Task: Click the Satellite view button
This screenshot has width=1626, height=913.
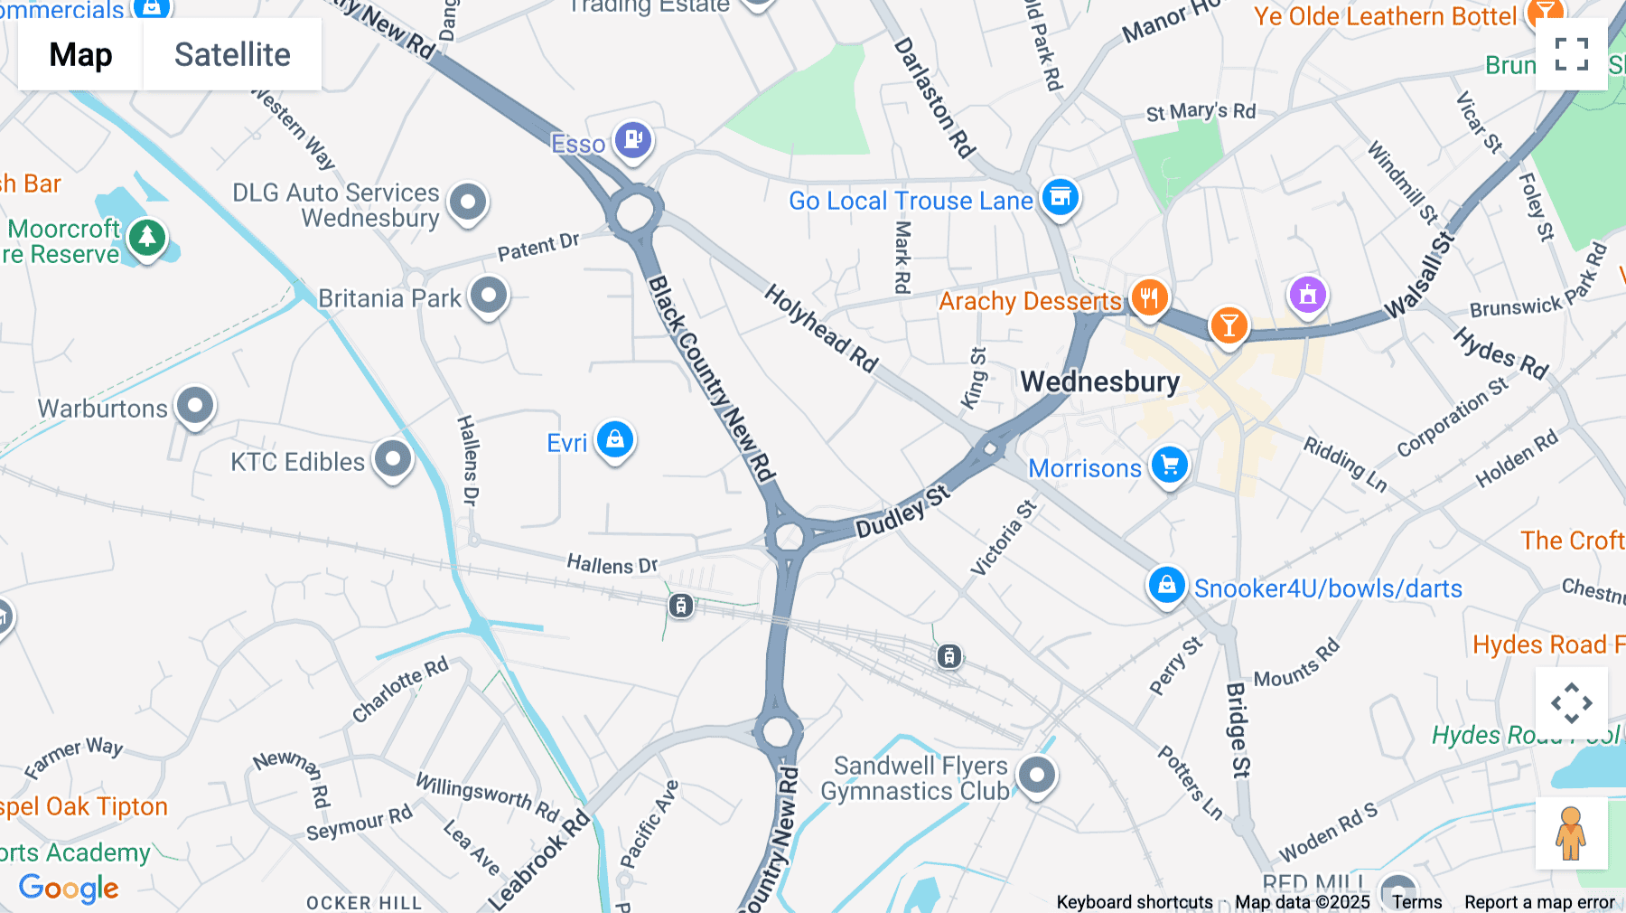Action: [x=232, y=54]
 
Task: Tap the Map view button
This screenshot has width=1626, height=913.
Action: [x=80, y=54]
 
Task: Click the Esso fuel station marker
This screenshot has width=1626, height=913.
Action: [x=633, y=140]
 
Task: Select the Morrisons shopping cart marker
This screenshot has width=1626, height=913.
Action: [x=1170, y=466]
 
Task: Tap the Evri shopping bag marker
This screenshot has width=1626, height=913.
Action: [x=615, y=440]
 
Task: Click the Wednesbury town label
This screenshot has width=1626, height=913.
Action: [x=1099, y=381]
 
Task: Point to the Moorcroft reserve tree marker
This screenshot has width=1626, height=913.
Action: [x=147, y=238]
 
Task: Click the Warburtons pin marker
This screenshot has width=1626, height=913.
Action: [x=195, y=406]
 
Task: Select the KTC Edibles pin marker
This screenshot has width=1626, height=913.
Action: [x=393, y=459]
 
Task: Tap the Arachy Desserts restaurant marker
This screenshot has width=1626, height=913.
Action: [x=1149, y=296]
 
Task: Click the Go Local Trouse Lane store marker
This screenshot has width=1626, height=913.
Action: [x=1061, y=197]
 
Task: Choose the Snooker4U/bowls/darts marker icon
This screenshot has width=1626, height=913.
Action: [x=1166, y=585]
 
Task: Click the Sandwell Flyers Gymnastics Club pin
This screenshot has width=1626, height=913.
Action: [x=1037, y=775]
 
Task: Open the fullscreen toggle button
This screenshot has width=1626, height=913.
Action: [x=1571, y=54]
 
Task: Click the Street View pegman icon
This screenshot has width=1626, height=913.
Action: [x=1571, y=833]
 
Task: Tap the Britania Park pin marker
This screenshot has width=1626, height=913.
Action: [x=489, y=295]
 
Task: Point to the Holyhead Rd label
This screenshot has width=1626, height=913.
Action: [x=821, y=328]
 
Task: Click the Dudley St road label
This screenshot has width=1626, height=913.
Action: [x=902, y=512]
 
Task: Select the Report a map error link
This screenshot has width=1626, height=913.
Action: [x=1539, y=902]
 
